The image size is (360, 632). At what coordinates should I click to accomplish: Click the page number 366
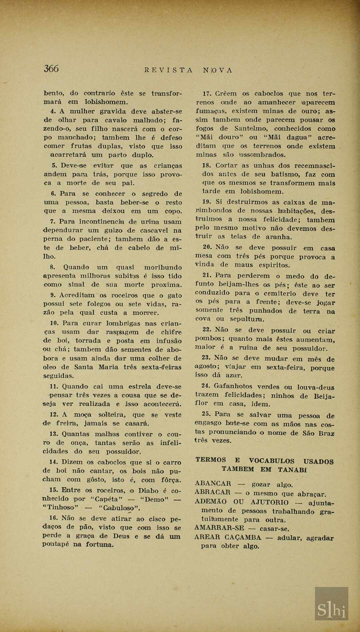pos(51,69)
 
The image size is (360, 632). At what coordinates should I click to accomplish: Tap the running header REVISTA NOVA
pos(188,70)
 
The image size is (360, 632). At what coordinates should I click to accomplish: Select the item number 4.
pos(53,111)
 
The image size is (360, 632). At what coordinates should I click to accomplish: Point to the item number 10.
pos(54,323)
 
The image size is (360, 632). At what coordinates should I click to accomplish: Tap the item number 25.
pos(206,414)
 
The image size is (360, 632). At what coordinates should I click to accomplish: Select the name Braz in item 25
pos(326,433)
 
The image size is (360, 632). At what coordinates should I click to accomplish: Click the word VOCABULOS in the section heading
pos(271,461)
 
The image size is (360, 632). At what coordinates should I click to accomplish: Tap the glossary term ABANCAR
pos(213,483)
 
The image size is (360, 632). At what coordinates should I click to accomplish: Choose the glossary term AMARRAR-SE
pos(219,528)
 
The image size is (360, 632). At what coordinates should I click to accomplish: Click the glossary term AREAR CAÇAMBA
pos(228,537)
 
